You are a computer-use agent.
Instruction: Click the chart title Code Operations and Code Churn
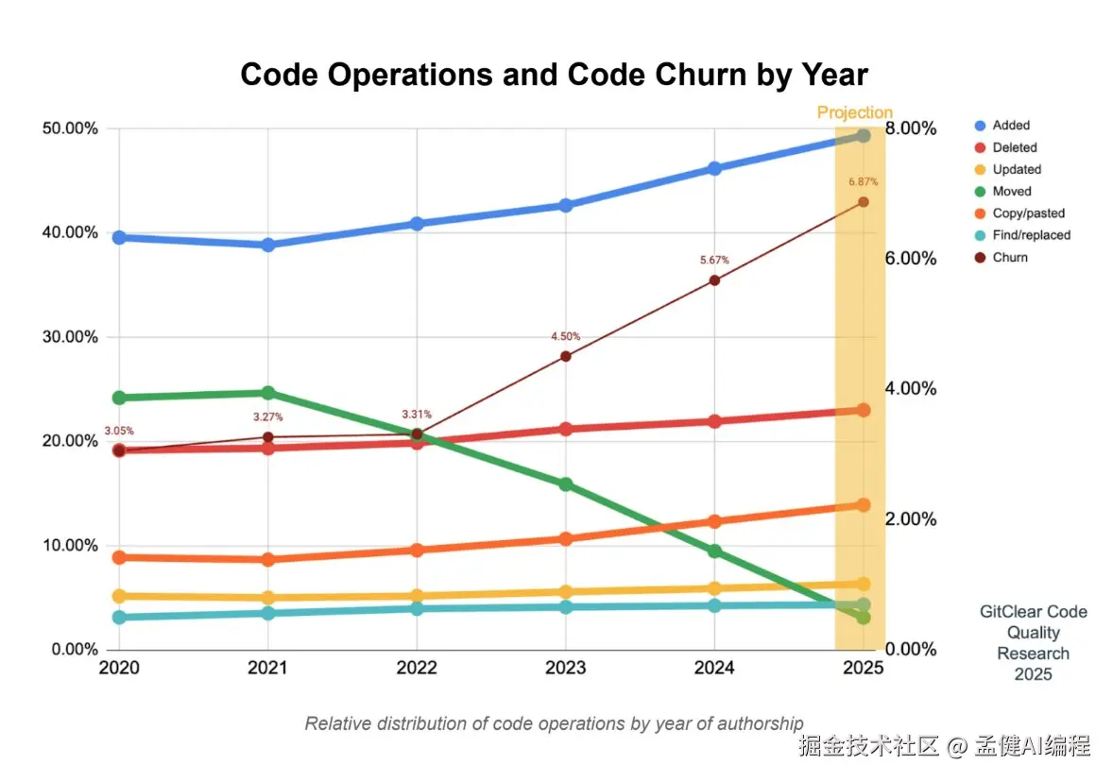(554, 75)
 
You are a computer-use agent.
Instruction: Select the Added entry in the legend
(1010, 126)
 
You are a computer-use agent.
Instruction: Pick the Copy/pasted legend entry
(1029, 213)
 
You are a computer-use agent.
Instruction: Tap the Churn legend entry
(1009, 257)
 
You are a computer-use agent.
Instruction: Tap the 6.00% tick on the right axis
(911, 259)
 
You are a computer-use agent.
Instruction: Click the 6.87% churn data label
(863, 182)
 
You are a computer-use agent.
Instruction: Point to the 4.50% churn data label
(565, 336)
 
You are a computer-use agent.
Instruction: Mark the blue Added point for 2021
(268, 245)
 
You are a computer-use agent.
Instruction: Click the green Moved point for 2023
(565, 484)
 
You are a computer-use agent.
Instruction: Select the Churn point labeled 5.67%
(714, 280)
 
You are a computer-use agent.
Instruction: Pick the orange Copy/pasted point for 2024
(714, 521)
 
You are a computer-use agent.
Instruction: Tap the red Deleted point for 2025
(863, 410)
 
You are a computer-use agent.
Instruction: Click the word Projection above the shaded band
(854, 113)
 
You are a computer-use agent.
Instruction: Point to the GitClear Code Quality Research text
(1033, 642)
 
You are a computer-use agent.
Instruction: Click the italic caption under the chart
(554, 723)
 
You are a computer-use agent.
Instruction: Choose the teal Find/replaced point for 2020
(119, 617)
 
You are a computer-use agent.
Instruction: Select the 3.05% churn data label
(119, 431)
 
